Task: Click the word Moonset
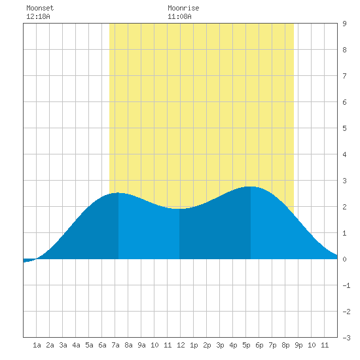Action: coord(40,8)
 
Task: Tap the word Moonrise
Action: coord(183,8)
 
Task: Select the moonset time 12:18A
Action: coord(38,16)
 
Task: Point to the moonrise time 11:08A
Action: coord(179,16)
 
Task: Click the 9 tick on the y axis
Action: coord(344,24)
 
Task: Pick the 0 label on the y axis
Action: coord(344,259)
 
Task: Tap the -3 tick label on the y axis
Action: coord(346,338)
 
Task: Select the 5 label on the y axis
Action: coord(344,128)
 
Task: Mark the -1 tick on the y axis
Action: coord(346,285)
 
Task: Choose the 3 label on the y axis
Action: coord(344,181)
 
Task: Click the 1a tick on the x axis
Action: coord(37,345)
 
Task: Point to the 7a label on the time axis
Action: coord(115,345)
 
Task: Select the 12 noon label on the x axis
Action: coord(181,345)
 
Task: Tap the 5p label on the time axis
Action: coord(246,345)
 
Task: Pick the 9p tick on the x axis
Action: coord(298,345)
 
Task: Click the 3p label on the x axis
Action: coord(220,345)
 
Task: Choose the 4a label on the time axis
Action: coord(76,345)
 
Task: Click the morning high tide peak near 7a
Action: coord(118,193)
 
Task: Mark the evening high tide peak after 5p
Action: coord(251,187)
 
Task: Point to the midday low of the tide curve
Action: coord(179,209)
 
